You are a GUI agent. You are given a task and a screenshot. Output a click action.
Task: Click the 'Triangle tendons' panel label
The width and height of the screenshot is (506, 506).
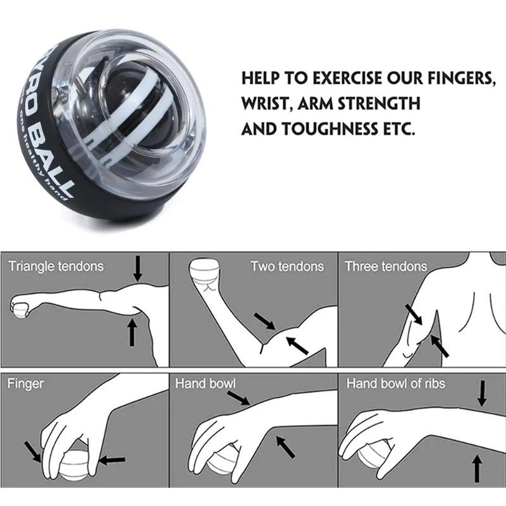coord(56,266)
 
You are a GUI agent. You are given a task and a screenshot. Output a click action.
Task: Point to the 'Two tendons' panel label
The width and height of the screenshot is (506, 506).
coord(287,266)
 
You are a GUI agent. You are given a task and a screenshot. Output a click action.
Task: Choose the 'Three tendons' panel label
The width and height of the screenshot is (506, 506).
coord(386,266)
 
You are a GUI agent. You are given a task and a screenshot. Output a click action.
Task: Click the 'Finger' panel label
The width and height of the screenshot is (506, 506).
coord(25,383)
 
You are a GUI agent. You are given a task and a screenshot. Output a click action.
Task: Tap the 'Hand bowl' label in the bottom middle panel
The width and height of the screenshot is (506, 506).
coord(206,383)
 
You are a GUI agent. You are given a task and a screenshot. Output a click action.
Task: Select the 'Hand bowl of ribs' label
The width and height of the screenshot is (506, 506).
coord(396,383)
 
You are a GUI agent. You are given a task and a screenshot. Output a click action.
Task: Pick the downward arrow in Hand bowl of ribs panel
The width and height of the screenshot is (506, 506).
coord(482,394)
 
